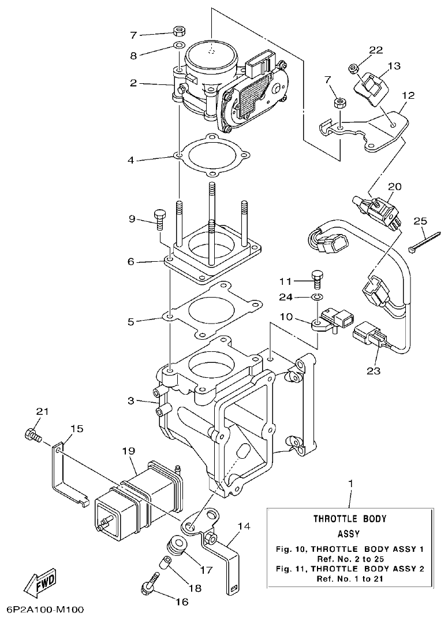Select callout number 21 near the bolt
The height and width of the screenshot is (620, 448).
(42, 412)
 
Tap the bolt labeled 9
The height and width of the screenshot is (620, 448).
(160, 221)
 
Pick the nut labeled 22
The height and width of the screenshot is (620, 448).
(353, 69)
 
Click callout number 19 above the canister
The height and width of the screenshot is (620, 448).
(128, 450)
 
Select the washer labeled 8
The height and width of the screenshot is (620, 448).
(179, 45)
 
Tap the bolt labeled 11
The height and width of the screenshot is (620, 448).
(317, 279)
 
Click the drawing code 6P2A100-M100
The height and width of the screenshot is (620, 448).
(46, 610)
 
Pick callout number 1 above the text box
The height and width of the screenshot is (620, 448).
(350, 483)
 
